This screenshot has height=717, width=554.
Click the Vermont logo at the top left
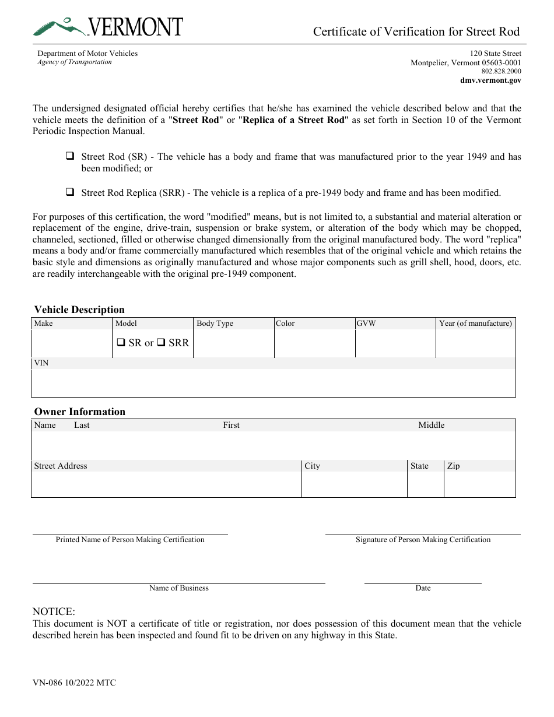(108, 27)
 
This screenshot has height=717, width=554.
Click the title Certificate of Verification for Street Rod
(416, 31)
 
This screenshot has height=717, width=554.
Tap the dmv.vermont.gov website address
(490, 80)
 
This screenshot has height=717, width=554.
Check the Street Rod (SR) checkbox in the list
(70, 157)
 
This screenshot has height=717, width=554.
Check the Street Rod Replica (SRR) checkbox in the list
(70, 192)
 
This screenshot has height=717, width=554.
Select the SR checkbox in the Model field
(121, 343)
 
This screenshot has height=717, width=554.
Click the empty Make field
(71, 343)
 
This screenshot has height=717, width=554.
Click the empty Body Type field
(233, 343)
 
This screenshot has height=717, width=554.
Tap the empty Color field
(314, 343)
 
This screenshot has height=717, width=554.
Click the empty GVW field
(395, 343)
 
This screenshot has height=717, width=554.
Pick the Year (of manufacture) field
(475, 343)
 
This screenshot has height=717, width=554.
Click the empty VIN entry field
(273, 382)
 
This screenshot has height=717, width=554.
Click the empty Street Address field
(166, 484)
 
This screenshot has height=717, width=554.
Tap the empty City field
(354, 484)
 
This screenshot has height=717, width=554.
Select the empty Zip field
(479, 484)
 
